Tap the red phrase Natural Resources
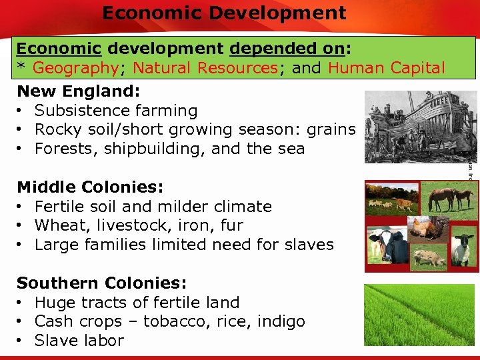click(205, 68)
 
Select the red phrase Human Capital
click(387, 68)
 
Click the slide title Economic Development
click(224, 13)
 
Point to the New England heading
click(75, 91)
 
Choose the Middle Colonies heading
click(90, 187)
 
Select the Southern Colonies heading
click(101, 283)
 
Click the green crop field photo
click(419, 313)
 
